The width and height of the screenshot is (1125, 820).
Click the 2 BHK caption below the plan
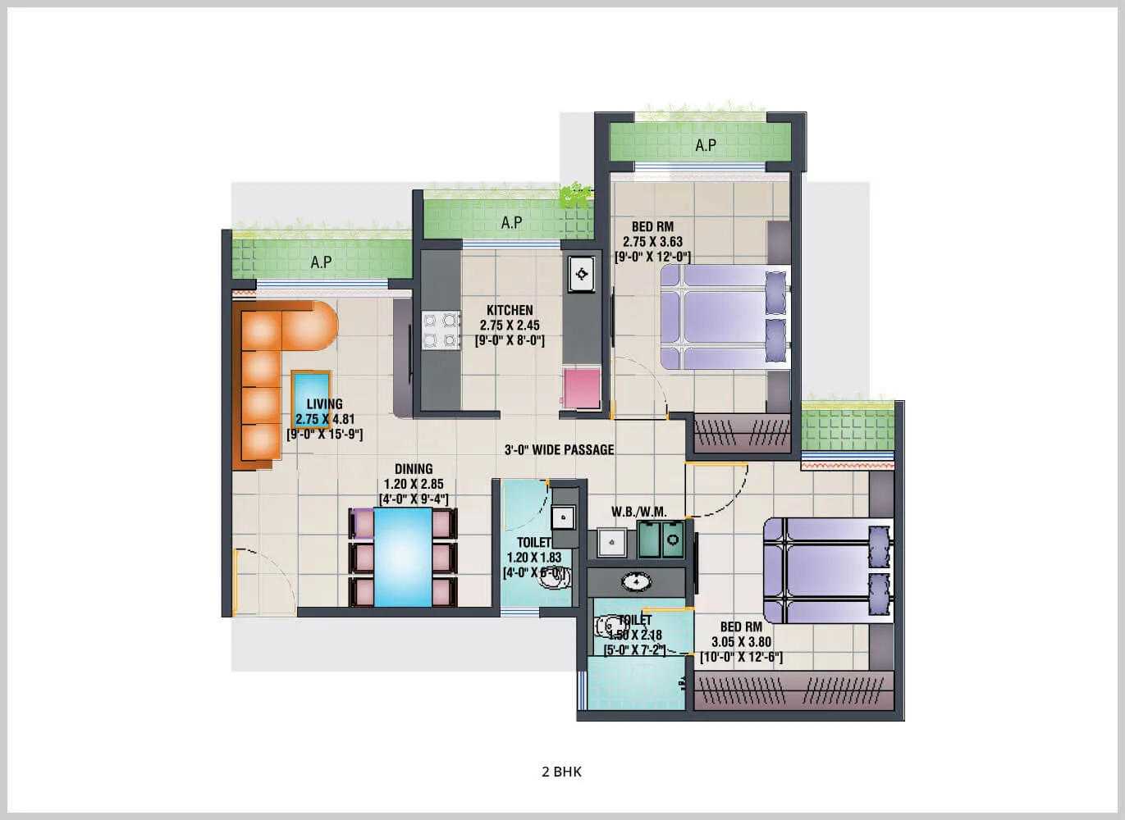tap(561, 772)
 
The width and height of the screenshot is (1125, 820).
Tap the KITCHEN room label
tap(510, 310)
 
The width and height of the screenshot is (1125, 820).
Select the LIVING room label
tap(324, 403)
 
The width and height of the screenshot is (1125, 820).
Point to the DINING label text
tap(414, 470)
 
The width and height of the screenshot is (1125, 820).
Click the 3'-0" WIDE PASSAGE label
tap(559, 449)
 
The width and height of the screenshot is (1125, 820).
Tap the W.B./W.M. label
tap(639, 512)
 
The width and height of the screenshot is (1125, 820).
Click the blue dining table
tap(403, 557)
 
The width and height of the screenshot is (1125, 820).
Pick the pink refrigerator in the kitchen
tap(582, 388)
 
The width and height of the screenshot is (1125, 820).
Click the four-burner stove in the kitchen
tap(441, 330)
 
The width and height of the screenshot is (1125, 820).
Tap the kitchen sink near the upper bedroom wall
tap(582, 274)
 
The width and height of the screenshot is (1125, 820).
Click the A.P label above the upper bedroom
tap(706, 145)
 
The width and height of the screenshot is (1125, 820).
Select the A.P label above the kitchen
tap(511, 222)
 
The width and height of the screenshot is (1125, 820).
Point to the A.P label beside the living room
tap(321, 262)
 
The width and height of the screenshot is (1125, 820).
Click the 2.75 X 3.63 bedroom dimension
tap(652, 242)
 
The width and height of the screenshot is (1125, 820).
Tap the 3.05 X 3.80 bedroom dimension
tap(741, 642)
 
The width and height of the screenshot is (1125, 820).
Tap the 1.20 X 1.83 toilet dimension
tap(533, 558)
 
